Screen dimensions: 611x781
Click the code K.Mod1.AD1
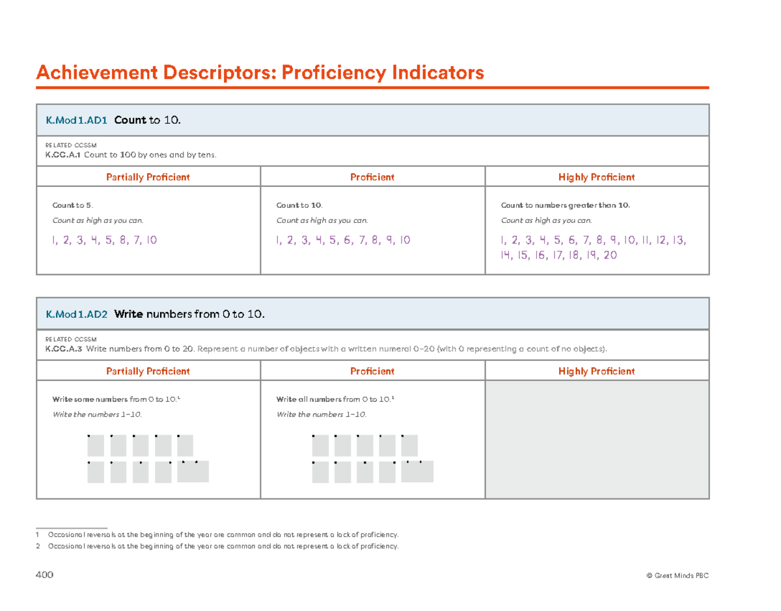coord(76,120)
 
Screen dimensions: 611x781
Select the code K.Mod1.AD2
coord(76,315)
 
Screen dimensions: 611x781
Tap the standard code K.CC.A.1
coord(63,155)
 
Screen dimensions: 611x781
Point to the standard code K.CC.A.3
coord(63,349)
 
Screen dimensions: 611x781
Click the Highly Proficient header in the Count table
coord(597,177)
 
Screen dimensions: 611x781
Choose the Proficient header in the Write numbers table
coord(372,371)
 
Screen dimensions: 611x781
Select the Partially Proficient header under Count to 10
coord(148,177)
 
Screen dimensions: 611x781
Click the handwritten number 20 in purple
coord(610,256)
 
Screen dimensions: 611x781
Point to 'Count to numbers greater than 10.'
coord(566,206)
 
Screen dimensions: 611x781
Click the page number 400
coord(45,576)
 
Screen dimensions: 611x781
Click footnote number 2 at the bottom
coord(38,546)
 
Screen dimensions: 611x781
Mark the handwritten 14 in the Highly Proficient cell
coord(506,256)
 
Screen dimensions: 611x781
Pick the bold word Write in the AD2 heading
coord(128,315)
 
